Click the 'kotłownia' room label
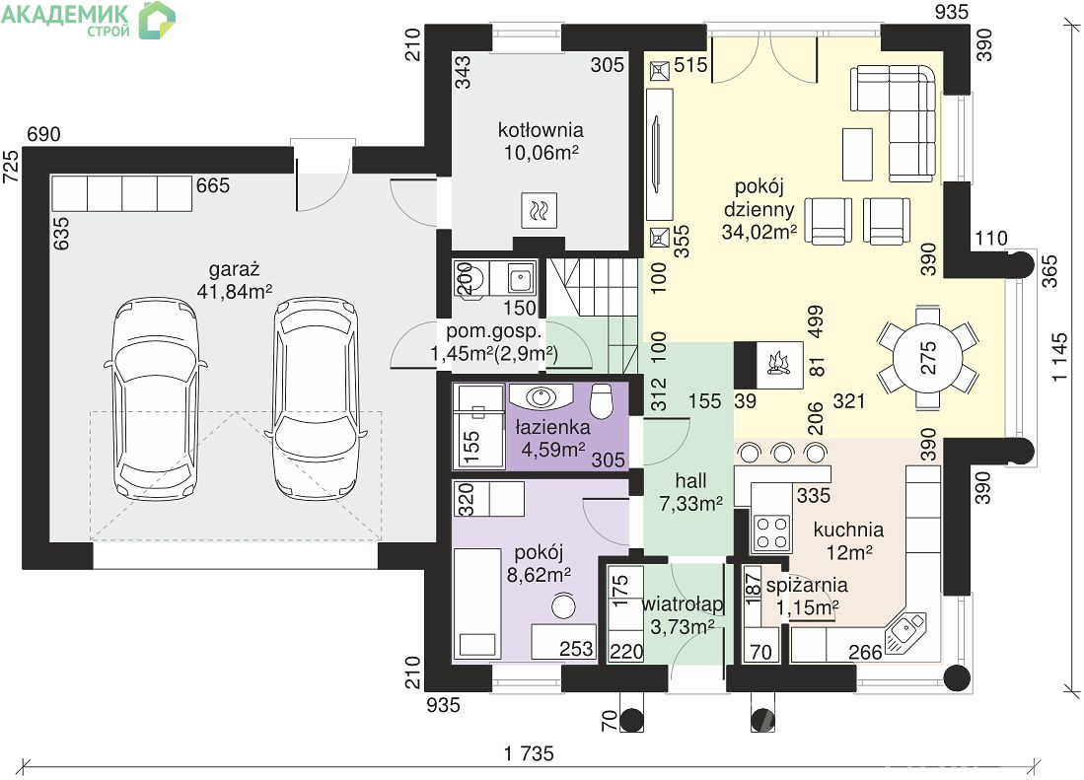coord(541,130)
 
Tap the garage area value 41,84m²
coord(235,292)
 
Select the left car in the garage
coord(155,398)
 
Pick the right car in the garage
coord(316,398)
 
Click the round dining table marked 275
coord(928,358)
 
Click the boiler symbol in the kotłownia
coord(539,210)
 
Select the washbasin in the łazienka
coord(540,395)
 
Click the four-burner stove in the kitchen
coord(771,532)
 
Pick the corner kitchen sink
coord(905,632)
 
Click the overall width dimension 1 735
coord(529,753)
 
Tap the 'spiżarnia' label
coord(807,585)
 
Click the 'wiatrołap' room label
coord(683,603)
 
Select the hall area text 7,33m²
coord(690,504)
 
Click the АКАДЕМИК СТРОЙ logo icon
coord(157,20)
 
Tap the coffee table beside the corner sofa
coord(857,154)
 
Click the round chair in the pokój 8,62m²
coord(564,606)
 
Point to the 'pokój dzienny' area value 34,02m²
coord(759,232)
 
